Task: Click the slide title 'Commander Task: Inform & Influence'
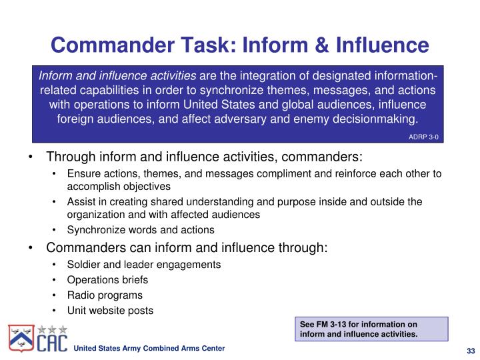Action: click(239, 45)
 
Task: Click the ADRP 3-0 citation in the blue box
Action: click(423, 136)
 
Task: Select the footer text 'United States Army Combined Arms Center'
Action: click(149, 349)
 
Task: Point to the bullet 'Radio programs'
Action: click(105, 295)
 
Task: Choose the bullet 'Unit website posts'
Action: click(110, 310)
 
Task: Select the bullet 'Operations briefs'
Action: click(107, 279)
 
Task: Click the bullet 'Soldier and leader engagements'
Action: click(143, 264)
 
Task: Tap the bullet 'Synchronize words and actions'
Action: click(141, 229)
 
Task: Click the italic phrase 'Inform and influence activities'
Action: click(117, 75)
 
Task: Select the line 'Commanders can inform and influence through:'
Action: click(187, 247)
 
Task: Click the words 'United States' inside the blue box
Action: click(219, 105)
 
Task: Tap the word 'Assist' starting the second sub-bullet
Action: click(80, 201)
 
